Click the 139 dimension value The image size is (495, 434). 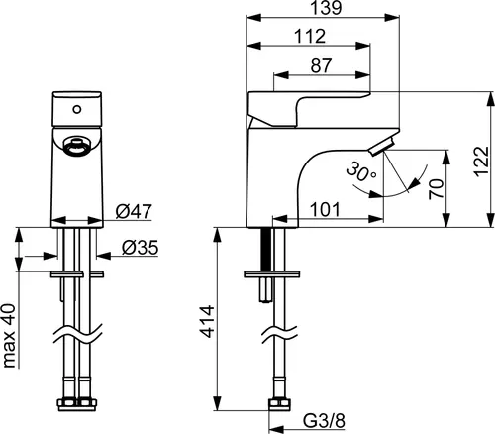[x=326, y=8]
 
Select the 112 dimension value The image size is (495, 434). [x=310, y=36]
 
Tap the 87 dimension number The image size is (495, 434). [x=321, y=65]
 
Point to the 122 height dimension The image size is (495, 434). [x=481, y=162]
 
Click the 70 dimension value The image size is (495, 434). [x=436, y=189]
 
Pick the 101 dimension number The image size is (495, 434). [x=326, y=210]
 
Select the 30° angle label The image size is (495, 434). [x=361, y=172]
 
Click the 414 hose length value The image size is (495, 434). [x=208, y=322]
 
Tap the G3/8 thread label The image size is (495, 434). [x=324, y=421]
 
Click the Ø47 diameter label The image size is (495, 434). [x=134, y=211]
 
